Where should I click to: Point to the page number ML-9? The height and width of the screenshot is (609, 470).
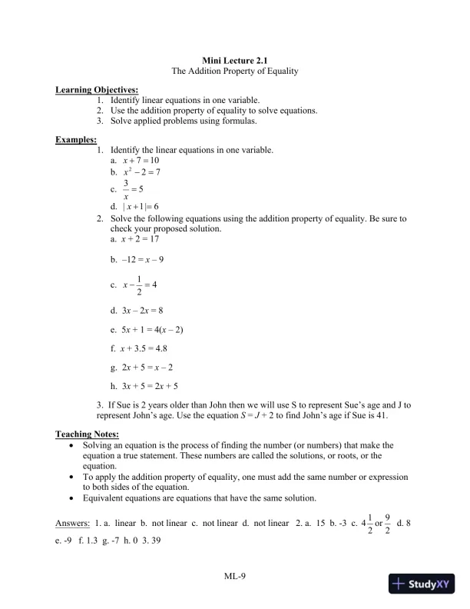pyautogui.click(x=234, y=575)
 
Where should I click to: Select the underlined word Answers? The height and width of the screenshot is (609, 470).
pyautogui.click(x=73, y=524)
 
